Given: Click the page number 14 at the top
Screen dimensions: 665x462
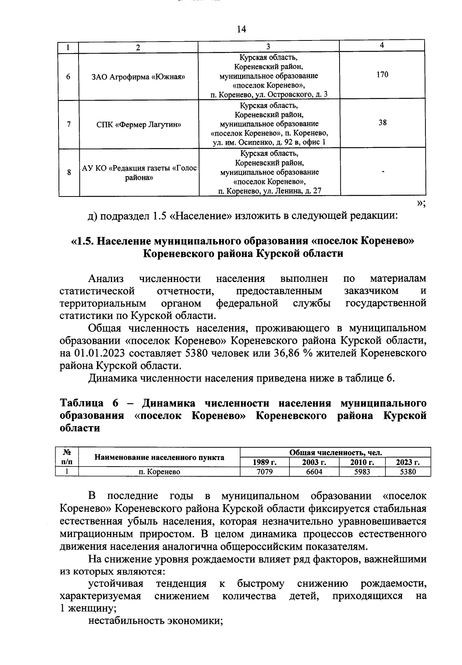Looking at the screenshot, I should coord(241,29).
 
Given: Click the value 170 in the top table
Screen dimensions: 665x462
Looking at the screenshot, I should coord(382,74).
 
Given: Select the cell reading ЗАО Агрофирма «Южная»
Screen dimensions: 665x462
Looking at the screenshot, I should coord(138,77).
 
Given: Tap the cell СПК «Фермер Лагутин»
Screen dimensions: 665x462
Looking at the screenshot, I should coord(138,124).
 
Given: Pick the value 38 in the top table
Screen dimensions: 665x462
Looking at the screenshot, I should coord(382,123).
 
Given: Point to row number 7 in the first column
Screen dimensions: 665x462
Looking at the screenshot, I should coord(69,124).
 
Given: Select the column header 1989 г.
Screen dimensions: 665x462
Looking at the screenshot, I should coord(264,462).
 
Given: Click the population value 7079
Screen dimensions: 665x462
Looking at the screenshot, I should coord(264,472).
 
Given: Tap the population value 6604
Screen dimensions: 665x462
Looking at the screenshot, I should coord(314,472).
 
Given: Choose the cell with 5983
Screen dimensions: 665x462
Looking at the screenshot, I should coord(362,472).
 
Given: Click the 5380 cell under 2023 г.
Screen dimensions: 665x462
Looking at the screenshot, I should coord(408,472).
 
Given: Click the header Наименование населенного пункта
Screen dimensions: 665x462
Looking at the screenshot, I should coord(159,457).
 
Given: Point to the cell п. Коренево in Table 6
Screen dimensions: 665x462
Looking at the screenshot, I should coord(159,472).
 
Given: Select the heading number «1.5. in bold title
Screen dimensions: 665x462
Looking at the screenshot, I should coord(83,241).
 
